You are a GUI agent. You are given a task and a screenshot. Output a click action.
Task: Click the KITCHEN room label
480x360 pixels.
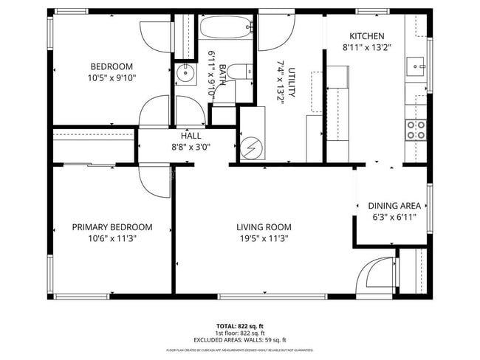366,36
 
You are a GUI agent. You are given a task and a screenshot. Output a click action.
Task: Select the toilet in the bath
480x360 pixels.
236,72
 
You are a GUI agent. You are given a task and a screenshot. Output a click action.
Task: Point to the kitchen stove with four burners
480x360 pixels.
416,130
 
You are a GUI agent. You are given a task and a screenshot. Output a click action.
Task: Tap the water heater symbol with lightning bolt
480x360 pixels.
251,148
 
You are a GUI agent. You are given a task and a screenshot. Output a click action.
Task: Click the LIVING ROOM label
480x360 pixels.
264,227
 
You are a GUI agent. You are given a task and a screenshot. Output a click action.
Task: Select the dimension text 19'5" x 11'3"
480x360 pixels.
264,239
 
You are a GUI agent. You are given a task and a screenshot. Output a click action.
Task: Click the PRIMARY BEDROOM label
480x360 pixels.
112,227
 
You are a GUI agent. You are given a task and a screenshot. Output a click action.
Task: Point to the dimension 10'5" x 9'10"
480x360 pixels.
112,77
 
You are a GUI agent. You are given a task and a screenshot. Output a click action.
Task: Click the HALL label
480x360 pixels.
191,136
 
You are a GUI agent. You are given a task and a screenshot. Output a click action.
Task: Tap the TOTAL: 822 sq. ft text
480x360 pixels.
239,325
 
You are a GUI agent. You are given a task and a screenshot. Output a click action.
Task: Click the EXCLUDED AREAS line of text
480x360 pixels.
239,339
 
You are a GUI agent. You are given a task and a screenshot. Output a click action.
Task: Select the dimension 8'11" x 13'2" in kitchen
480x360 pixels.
366,47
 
